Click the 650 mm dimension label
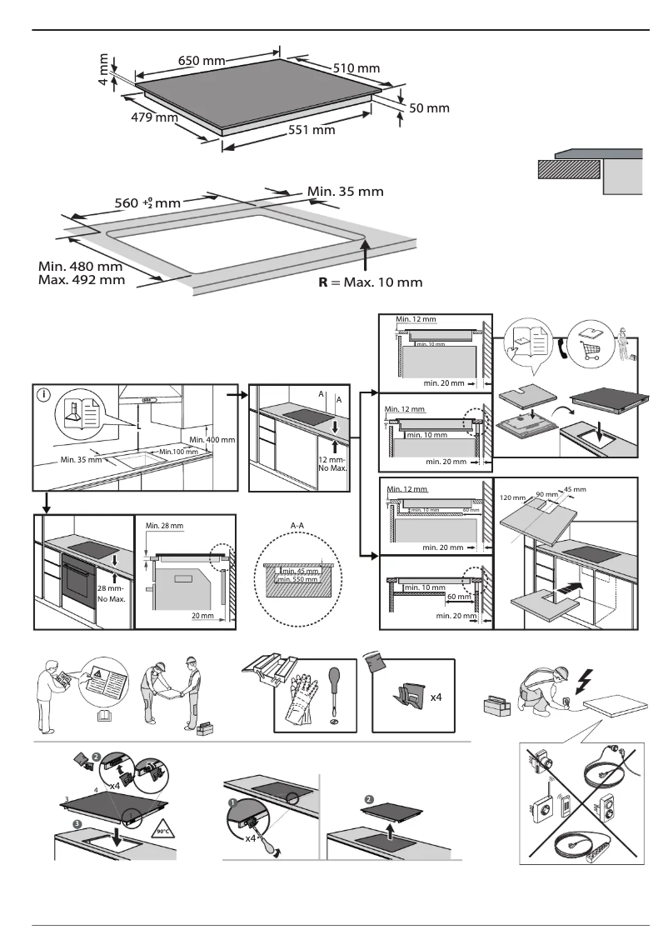click(202, 61)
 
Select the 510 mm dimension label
click(356, 67)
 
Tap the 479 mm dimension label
click(155, 117)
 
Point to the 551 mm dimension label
click(312, 130)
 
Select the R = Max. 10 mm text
click(370, 282)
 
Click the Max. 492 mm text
click(82, 280)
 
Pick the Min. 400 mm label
click(212, 439)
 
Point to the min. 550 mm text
click(297, 579)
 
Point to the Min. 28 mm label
click(163, 525)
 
